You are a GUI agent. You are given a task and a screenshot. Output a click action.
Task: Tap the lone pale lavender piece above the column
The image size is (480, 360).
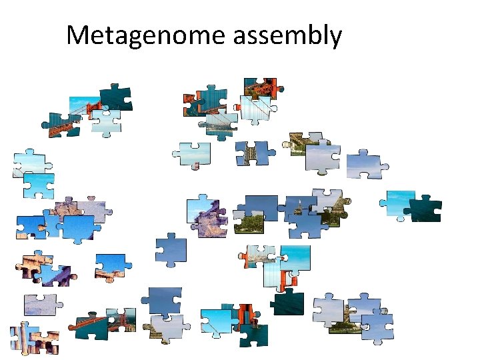click(41, 305)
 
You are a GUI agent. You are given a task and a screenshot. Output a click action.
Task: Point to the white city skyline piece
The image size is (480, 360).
click(219, 124)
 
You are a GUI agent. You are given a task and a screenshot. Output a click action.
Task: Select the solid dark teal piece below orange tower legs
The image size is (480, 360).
click(288, 302)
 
